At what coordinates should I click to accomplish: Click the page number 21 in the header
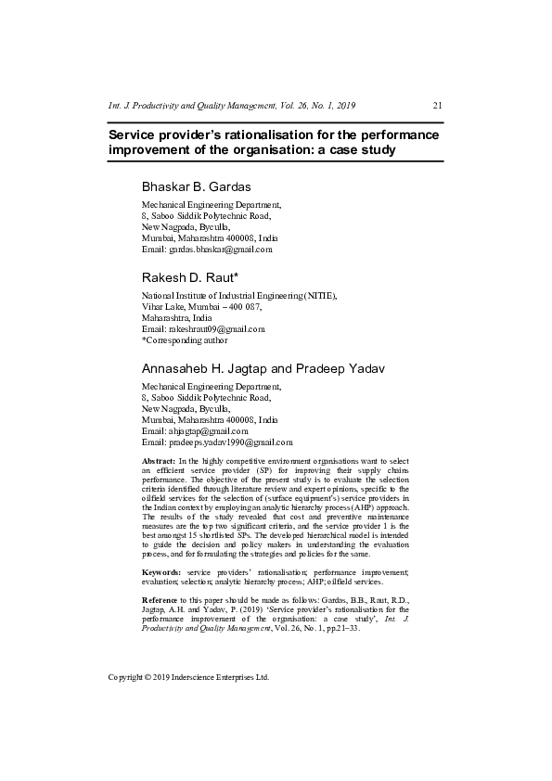pos(438,106)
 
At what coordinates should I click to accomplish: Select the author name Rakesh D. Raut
pos(188,277)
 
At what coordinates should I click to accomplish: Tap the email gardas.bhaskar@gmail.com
pos(207,250)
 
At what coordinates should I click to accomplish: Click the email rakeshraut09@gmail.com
pos(203,329)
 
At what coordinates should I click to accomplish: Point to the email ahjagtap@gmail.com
pos(195,431)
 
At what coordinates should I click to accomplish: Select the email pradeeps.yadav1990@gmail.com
pos(217,443)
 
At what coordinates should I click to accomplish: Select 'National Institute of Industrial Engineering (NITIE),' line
pos(238,296)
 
